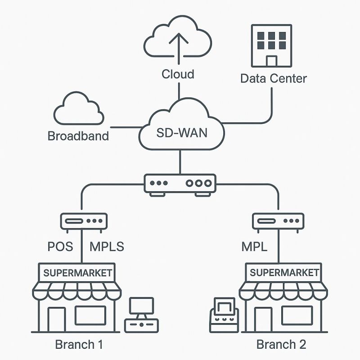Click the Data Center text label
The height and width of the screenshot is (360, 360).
(x=273, y=78)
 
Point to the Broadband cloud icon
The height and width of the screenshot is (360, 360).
(x=77, y=110)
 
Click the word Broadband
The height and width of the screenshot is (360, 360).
(x=78, y=135)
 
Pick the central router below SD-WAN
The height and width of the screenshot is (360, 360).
(x=180, y=184)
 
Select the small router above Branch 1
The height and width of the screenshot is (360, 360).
(x=84, y=221)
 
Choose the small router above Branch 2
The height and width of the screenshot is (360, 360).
(x=276, y=221)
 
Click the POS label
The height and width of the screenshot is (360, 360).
(x=60, y=247)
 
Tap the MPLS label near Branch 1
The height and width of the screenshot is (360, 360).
(x=107, y=247)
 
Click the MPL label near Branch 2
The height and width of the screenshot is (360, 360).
(x=254, y=247)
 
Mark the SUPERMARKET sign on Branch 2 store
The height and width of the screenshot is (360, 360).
(x=284, y=272)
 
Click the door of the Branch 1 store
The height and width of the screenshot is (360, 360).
(x=57, y=319)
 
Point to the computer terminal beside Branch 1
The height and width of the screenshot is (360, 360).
(x=141, y=314)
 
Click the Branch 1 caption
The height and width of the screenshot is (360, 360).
(x=79, y=345)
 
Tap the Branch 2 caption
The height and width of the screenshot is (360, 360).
(x=281, y=345)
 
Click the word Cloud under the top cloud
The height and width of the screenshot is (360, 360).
(x=178, y=74)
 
